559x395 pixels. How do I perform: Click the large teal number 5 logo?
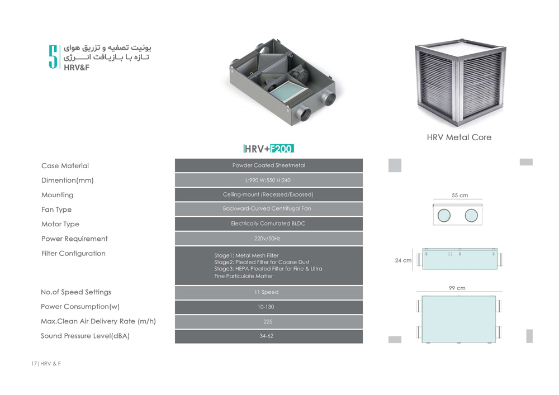click(53, 56)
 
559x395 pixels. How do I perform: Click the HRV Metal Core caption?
click(459, 137)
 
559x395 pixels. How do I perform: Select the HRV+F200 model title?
click(269, 149)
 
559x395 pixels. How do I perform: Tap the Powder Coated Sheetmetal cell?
click(269, 165)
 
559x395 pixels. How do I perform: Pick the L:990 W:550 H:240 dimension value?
click(268, 180)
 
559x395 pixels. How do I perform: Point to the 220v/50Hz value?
click(268, 239)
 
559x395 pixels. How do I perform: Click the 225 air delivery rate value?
click(268, 322)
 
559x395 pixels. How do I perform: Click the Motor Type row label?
click(60, 224)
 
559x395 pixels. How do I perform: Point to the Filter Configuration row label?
click(73, 254)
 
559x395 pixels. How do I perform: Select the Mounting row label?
click(57, 195)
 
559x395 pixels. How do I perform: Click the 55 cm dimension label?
click(459, 196)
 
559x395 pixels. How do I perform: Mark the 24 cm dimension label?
click(403, 260)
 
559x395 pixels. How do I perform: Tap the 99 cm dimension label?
click(457, 288)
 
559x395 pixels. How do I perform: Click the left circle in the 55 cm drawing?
click(444, 215)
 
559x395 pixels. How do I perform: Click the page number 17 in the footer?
click(34, 364)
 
